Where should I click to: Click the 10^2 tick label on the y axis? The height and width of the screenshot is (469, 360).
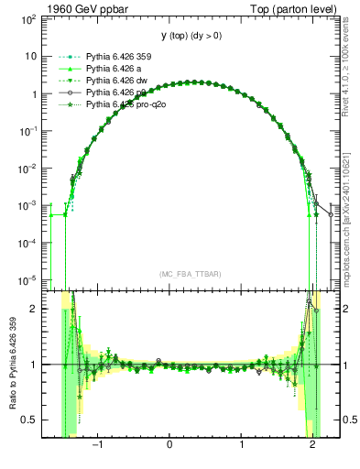(x=28, y=18)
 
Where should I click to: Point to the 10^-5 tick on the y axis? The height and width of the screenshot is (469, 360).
(x=28, y=279)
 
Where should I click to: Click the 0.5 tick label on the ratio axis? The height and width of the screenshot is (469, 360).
(x=29, y=420)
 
